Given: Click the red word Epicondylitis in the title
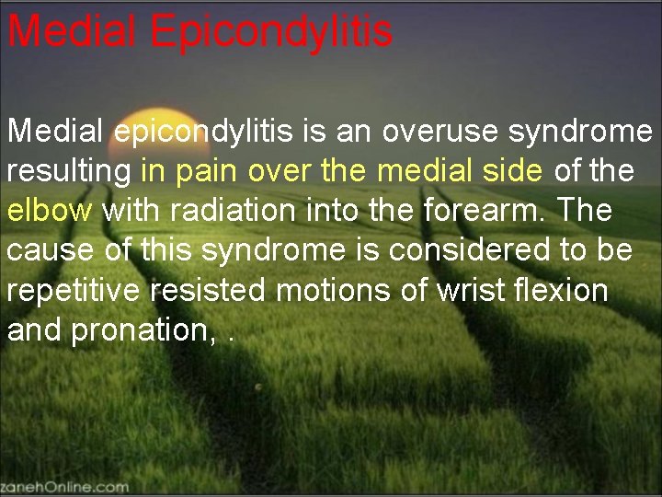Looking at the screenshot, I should click(x=271, y=32).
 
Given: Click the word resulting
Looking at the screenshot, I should click(x=70, y=171).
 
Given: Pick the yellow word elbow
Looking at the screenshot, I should click(x=51, y=210).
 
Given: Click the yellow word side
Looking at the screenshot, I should click(x=515, y=171).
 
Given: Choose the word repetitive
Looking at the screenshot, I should click(x=75, y=290).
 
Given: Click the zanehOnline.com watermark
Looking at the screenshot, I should click(x=64, y=486).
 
